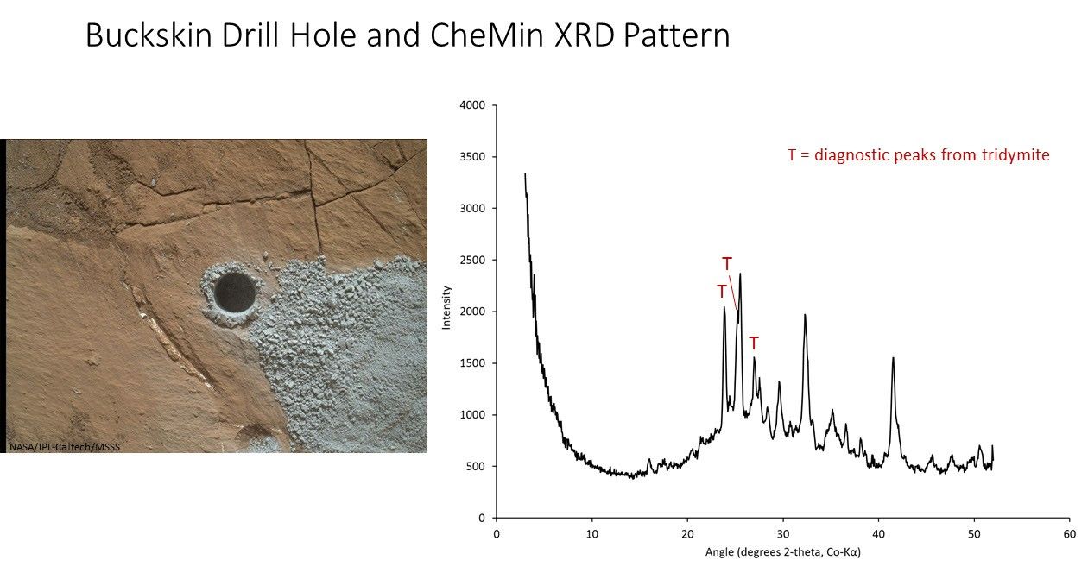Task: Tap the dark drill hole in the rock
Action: click(x=234, y=293)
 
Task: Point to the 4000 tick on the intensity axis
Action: click(x=474, y=105)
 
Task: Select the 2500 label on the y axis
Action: click(x=474, y=260)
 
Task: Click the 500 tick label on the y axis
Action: click(x=478, y=467)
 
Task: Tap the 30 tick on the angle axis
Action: click(x=782, y=533)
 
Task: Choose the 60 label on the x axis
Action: click(x=1068, y=533)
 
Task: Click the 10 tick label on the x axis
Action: click(x=591, y=533)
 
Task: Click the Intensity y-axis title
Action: click(x=446, y=312)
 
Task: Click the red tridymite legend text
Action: click(x=918, y=155)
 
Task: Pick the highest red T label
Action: click(x=727, y=262)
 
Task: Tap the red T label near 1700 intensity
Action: click(x=753, y=343)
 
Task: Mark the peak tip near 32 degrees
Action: click(x=805, y=315)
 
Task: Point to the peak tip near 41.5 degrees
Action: click(x=893, y=358)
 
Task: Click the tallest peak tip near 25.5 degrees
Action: click(x=740, y=274)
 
